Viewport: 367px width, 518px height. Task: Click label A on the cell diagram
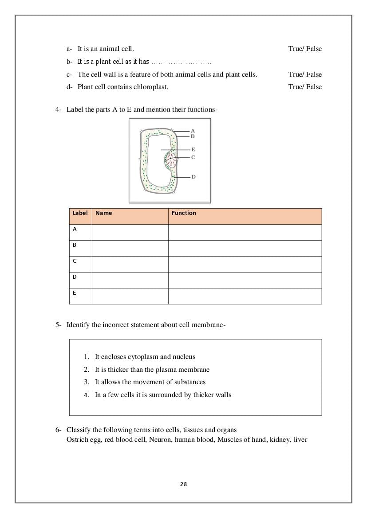point(193,131)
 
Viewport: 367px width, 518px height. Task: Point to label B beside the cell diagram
point(193,136)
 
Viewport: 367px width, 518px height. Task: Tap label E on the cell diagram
point(193,150)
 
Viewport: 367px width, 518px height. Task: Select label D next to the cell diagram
point(193,177)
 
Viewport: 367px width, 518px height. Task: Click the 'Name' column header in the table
point(104,213)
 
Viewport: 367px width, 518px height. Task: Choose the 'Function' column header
point(184,213)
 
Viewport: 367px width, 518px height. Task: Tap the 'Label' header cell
point(80,213)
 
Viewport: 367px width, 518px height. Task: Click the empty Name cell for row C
point(130,265)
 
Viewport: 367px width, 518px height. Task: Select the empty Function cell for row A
point(245,233)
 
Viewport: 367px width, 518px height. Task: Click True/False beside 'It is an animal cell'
point(305,49)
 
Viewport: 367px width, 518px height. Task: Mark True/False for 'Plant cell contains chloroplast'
point(305,87)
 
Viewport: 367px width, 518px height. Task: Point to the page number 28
point(184,484)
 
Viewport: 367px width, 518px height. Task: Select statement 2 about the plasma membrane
point(152,370)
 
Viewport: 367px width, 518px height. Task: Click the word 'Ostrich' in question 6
point(76,440)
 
